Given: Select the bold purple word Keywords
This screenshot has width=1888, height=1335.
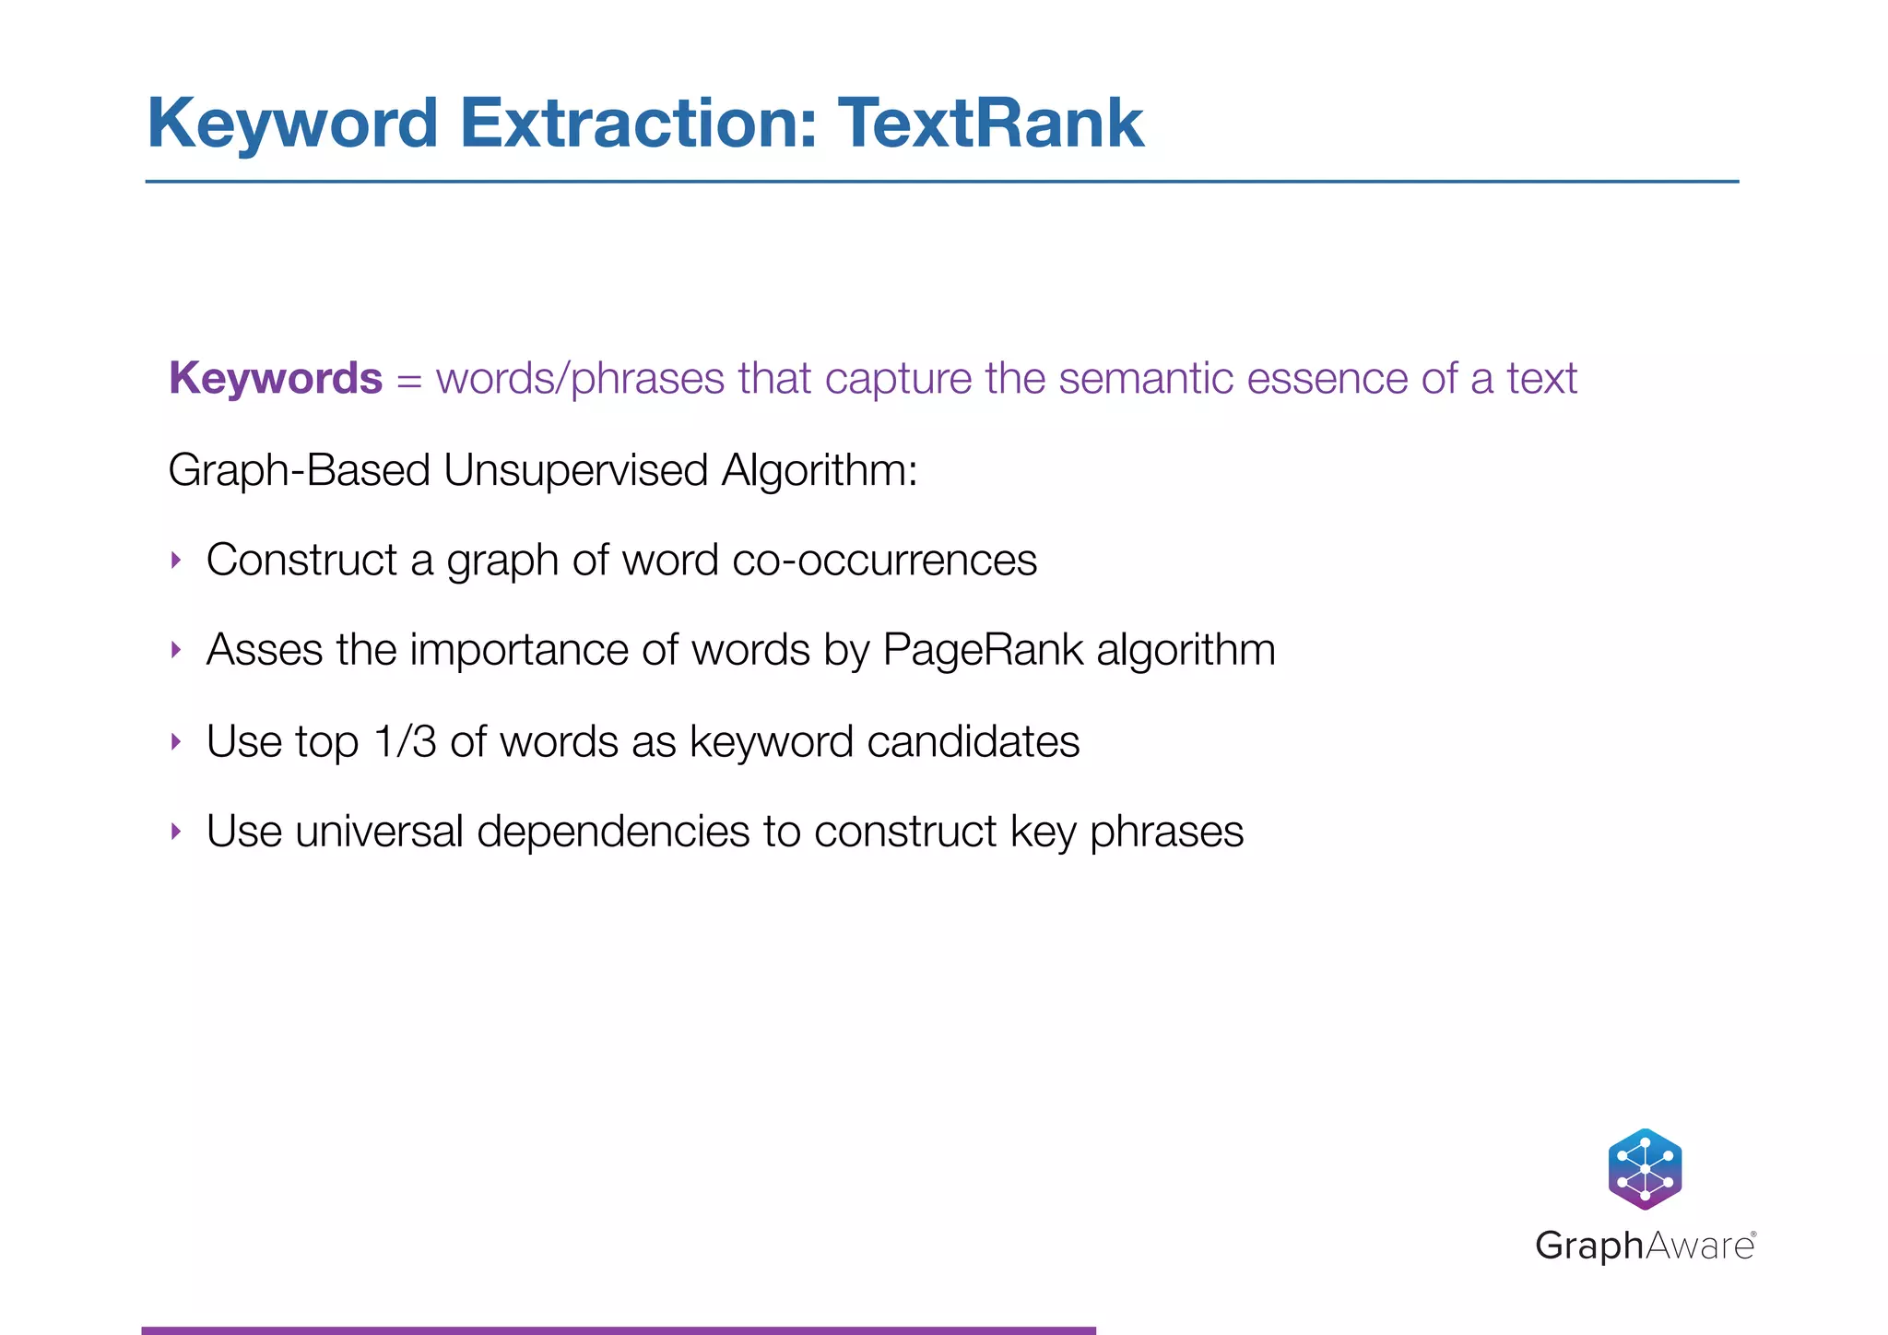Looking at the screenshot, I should point(275,378).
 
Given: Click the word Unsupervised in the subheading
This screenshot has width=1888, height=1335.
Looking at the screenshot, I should point(574,470).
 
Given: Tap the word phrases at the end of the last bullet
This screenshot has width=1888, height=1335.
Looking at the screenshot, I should point(1166,832).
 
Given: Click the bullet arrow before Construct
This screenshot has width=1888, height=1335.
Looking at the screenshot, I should point(176,560).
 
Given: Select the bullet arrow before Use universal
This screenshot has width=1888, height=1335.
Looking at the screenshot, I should point(176,832).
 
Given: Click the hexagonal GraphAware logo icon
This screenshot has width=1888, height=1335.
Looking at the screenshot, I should point(1645,1168).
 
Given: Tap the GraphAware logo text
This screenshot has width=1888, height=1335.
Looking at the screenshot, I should point(1645,1246).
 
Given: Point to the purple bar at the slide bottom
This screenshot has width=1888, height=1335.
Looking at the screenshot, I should point(618,1329).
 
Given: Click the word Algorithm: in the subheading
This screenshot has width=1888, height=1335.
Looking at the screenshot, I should point(819,470).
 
